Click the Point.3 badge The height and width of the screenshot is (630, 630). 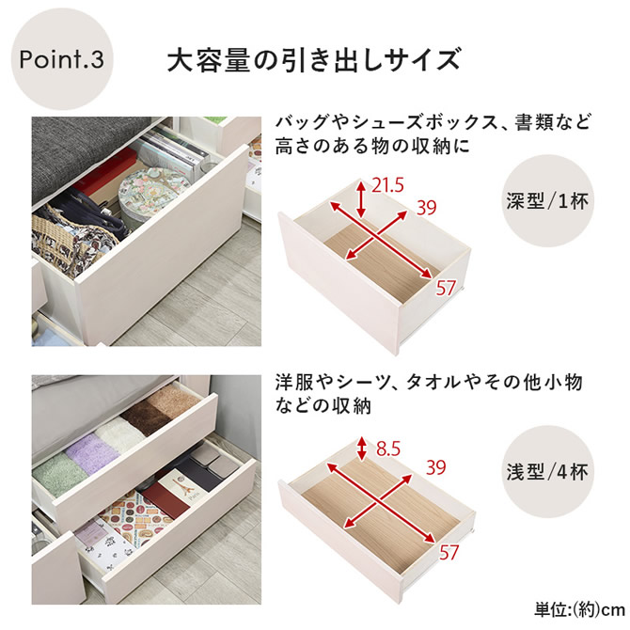(x=62, y=59)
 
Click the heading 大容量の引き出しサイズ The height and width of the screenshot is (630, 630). (x=313, y=60)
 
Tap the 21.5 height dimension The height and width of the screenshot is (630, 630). (x=387, y=185)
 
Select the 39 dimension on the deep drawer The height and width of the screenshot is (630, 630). (x=426, y=208)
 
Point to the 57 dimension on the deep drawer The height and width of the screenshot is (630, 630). (x=446, y=288)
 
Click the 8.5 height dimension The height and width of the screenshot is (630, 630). (x=388, y=449)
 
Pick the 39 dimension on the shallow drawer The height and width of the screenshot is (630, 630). (x=436, y=467)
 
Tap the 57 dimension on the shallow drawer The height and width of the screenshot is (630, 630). (x=449, y=553)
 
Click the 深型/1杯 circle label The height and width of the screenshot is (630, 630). (x=548, y=201)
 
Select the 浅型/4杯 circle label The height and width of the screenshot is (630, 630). (x=548, y=472)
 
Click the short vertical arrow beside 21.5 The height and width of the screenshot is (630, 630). (x=362, y=199)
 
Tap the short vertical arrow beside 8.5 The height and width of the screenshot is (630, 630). (x=362, y=449)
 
